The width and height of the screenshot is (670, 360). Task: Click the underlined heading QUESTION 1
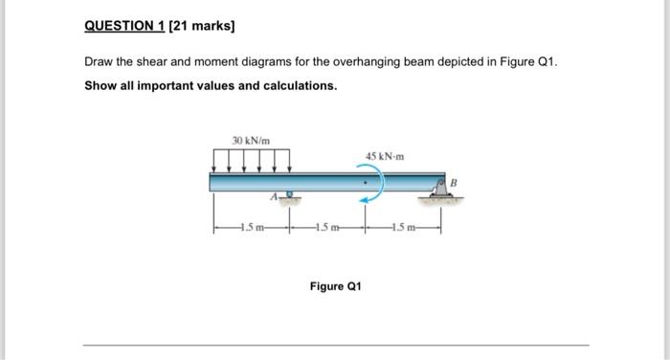(x=124, y=26)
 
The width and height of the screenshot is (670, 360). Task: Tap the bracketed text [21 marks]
(x=202, y=26)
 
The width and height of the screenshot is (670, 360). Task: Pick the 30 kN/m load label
(x=251, y=140)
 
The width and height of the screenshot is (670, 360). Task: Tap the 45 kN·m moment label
(x=385, y=156)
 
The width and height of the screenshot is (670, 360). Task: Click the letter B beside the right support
(x=454, y=183)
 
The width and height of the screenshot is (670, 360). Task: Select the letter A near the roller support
(x=274, y=197)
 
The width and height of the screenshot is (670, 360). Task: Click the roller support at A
(x=290, y=196)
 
